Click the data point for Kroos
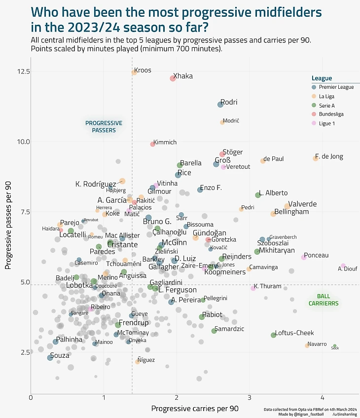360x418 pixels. point(134,73)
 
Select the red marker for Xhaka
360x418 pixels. point(173,78)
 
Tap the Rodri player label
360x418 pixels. point(229,102)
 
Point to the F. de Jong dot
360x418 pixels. point(316,158)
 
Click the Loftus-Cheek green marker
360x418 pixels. point(273,335)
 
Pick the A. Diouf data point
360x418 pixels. point(343,266)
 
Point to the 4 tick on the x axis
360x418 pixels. point(323,398)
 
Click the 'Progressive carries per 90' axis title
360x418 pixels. point(195,409)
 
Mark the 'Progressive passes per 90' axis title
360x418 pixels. point(8,225)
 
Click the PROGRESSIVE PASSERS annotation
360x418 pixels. point(104,127)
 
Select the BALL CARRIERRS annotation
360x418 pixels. point(324,300)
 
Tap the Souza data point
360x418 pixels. point(50,357)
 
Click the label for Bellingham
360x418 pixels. point(291,212)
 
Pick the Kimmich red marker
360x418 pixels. point(153,144)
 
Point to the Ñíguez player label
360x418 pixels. point(146,360)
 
